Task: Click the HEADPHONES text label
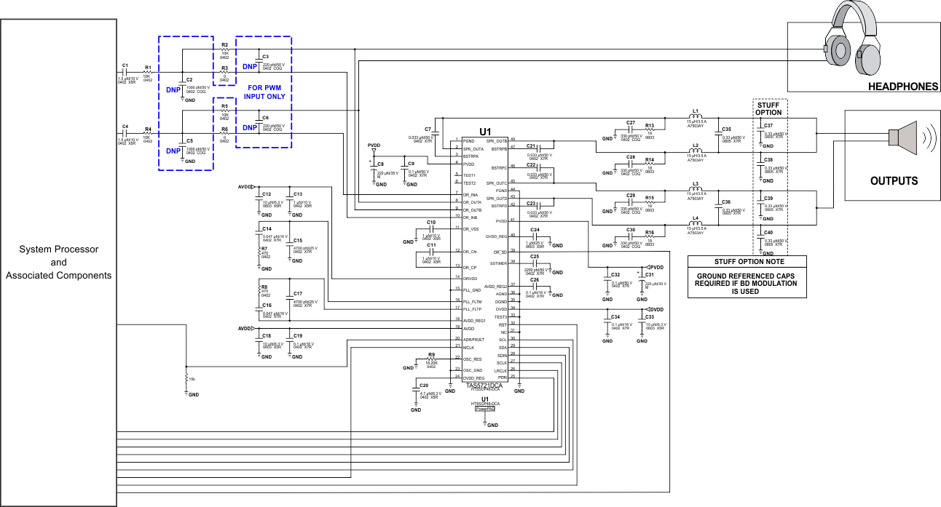[x=902, y=87]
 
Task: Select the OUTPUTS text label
[x=894, y=181]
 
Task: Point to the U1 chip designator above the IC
[x=486, y=131]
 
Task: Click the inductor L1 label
[x=696, y=111]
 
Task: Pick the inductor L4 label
[x=696, y=218]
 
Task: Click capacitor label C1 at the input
[x=125, y=65]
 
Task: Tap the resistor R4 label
[x=148, y=127]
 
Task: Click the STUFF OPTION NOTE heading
[x=747, y=262]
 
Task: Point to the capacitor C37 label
[x=768, y=126]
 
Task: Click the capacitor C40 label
[x=768, y=232]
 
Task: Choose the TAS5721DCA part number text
[x=485, y=386]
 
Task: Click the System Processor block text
[x=59, y=263]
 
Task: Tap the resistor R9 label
[x=431, y=354]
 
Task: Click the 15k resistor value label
[x=191, y=379]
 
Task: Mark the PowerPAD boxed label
[x=485, y=410]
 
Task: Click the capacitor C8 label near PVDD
[x=380, y=164]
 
